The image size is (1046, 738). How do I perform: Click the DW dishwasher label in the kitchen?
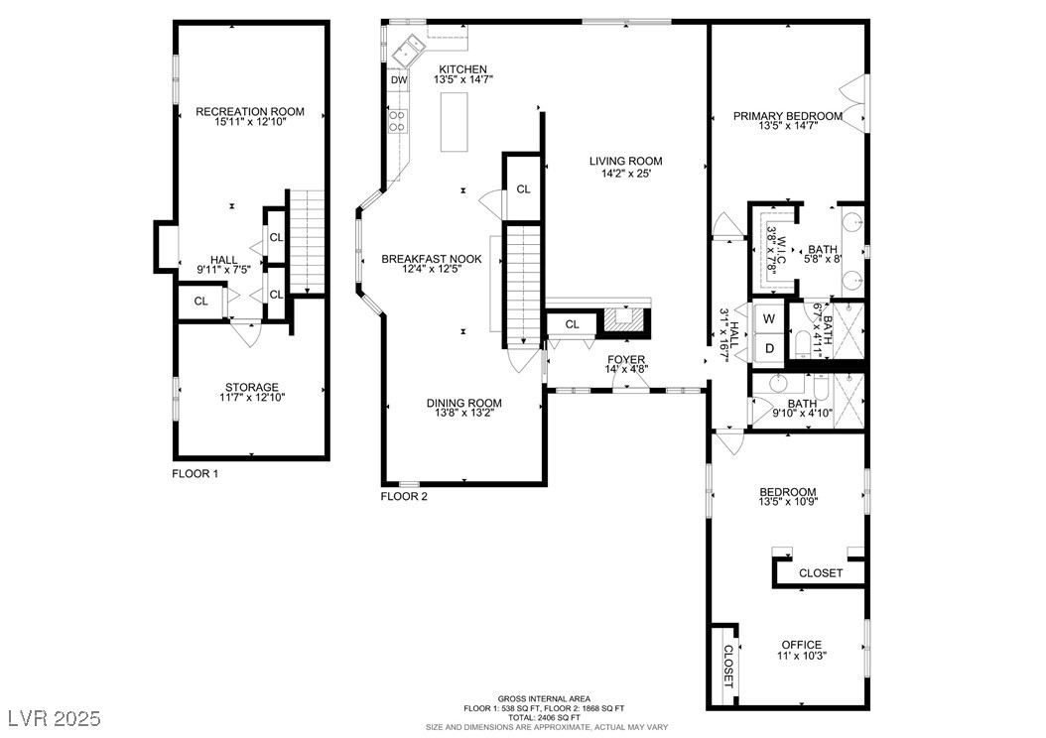coord(399,80)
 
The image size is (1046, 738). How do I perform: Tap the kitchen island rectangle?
coord(454,122)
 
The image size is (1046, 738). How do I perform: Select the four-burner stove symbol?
coord(397,120)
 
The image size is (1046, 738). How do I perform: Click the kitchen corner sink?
coord(408,50)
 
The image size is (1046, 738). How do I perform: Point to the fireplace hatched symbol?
coord(626,320)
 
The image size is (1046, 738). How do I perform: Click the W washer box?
coord(769,318)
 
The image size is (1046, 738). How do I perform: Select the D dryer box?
coord(769,347)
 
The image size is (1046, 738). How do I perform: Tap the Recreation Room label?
coord(249,111)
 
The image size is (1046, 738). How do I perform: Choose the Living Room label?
coord(626,161)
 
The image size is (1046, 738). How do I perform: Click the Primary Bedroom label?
coord(788,116)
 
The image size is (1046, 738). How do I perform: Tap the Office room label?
coord(801,645)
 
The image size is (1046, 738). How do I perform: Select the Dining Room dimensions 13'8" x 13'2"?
coord(464,413)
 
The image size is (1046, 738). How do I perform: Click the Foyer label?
coord(626,360)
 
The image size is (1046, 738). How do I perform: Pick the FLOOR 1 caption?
coord(195,474)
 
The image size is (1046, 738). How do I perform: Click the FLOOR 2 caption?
coord(404,496)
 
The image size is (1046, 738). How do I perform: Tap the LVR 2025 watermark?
coord(55,718)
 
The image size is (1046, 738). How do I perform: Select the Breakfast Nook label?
coord(432,259)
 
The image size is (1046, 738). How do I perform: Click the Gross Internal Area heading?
coord(544,698)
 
